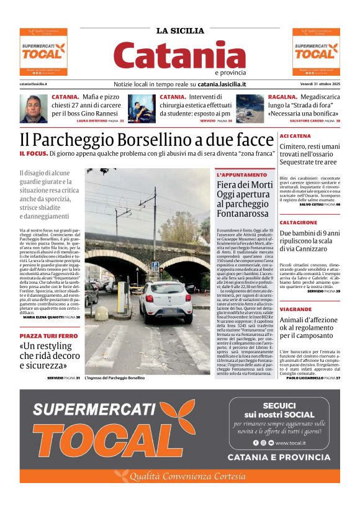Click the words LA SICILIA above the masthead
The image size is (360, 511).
click(180, 30)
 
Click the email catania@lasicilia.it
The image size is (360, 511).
click(34, 84)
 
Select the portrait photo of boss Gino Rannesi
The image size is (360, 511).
click(33, 109)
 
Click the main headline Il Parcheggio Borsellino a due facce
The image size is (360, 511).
click(146, 139)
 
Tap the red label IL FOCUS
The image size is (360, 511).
click(32, 153)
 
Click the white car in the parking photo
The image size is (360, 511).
click(165, 301)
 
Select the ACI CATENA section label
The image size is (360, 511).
click(295, 135)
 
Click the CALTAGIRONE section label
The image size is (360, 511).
click(299, 222)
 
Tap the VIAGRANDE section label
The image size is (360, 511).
click(295, 309)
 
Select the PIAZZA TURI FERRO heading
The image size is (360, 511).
click(48, 335)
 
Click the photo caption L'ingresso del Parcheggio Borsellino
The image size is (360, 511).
click(115, 378)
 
